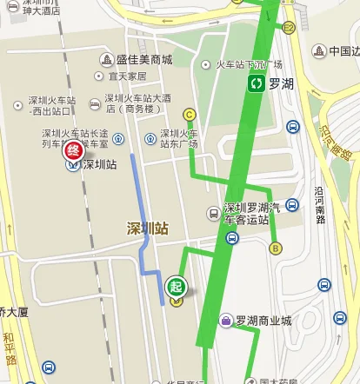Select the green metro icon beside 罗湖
pyautogui.click(x=257, y=84)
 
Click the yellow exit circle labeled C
pyautogui.click(x=189, y=114)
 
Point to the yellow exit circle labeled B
pyautogui.click(x=277, y=248)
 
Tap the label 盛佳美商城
pyautogui.click(x=144, y=60)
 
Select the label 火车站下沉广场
pyautogui.click(x=249, y=64)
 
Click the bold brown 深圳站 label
pyautogui.click(x=147, y=229)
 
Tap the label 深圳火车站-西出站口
pyautogui.click(x=49, y=107)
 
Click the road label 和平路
pyautogui.click(x=9, y=348)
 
